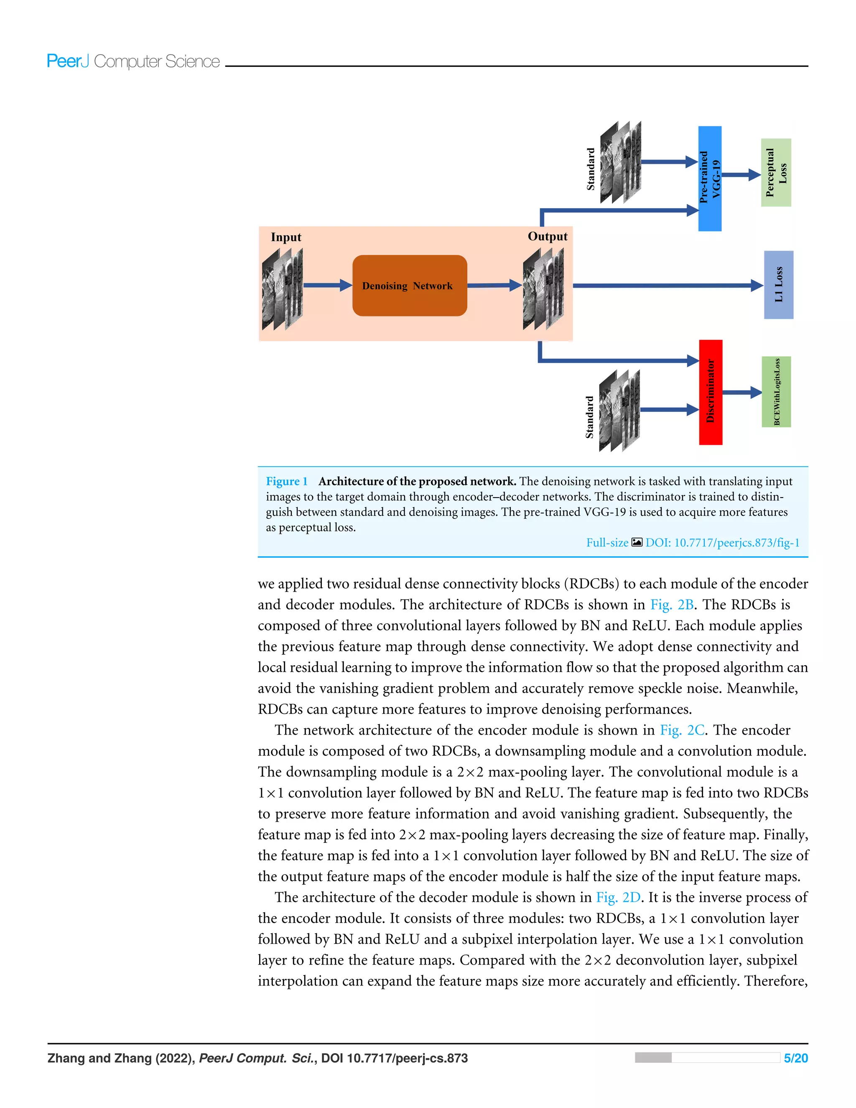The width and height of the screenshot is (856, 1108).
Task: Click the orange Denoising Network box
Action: click(409, 286)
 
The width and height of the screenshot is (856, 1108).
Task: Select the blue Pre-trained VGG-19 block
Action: click(709, 179)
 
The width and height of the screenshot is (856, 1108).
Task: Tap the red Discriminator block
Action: click(710, 392)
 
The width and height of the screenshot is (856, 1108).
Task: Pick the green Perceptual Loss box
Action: click(776, 173)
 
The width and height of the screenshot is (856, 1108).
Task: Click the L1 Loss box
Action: click(778, 285)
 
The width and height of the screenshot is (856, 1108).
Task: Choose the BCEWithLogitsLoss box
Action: click(776, 392)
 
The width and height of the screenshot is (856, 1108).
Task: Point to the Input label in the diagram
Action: click(285, 237)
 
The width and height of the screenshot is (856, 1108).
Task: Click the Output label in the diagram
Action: click(547, 236)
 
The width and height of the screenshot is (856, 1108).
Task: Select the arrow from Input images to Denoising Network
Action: click(327, 285)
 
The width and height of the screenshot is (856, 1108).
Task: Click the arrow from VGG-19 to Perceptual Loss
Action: click(741, 175)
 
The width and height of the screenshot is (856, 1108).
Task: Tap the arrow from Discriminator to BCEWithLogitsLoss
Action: click(741, 392)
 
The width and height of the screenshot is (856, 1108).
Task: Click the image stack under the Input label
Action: click(283, 289)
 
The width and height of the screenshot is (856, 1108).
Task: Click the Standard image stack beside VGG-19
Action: click(620, 162)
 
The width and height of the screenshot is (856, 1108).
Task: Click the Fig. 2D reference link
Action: click(618, 897)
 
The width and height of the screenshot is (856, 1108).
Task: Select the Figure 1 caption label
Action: click(286, 481)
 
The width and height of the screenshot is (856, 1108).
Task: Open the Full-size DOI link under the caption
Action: click(692, 543)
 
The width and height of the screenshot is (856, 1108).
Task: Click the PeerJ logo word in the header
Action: click(67, 61)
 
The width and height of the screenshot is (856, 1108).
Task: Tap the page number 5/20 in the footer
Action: click(795, 1058)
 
